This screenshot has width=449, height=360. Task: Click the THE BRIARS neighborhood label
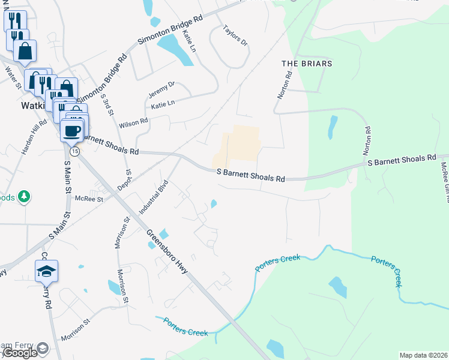[307, 63]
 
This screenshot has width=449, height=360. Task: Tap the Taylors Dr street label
[235, 35]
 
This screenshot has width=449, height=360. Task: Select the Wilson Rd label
[133, 123]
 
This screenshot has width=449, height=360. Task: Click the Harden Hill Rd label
[34, 137]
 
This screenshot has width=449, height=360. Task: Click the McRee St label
[88, 199]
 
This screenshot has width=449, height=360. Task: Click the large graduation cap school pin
[46, 272]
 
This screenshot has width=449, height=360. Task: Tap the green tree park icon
[24, 197]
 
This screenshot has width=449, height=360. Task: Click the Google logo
[20, 353]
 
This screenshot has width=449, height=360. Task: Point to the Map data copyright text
[423, 355]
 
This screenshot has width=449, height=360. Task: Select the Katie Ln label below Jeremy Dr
[163, 104]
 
